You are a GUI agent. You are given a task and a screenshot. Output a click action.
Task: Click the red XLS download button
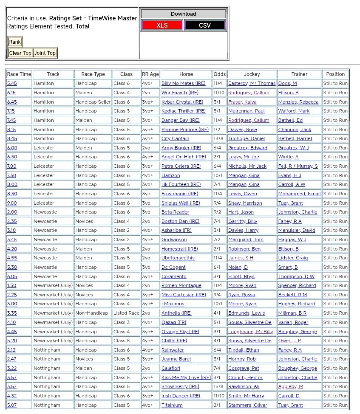162,25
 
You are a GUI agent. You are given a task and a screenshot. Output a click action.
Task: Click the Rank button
15,42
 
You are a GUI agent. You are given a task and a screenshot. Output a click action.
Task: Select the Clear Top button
20,53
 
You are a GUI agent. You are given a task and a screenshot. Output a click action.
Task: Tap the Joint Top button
45,53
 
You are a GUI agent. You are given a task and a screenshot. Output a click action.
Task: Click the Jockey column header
252,74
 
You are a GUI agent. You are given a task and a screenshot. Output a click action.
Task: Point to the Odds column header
220,74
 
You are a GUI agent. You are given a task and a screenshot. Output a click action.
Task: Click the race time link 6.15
11,93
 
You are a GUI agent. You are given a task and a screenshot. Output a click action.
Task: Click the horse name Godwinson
174,240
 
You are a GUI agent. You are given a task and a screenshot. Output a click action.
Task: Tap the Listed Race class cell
126,313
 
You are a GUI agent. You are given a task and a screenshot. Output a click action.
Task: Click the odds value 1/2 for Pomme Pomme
217,130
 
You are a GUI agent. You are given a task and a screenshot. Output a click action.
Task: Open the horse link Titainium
172,405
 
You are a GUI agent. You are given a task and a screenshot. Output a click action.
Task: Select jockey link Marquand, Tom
246,240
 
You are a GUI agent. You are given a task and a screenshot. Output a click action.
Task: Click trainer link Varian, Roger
293,322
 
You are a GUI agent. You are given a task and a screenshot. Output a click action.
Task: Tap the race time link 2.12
12,350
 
